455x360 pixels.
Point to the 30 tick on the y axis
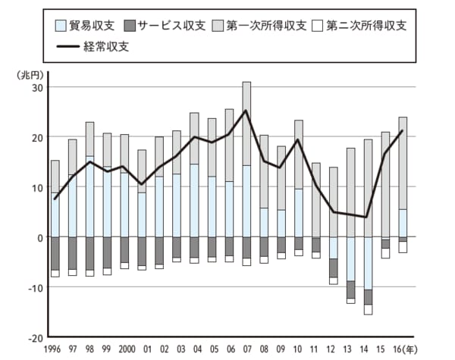[36, 87]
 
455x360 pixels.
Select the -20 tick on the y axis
[34, 337]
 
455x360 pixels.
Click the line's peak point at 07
[246, 111]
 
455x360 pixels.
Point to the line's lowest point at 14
[368, 218]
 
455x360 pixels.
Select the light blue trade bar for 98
[89, 197]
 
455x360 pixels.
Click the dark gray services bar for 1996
[55, 253]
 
